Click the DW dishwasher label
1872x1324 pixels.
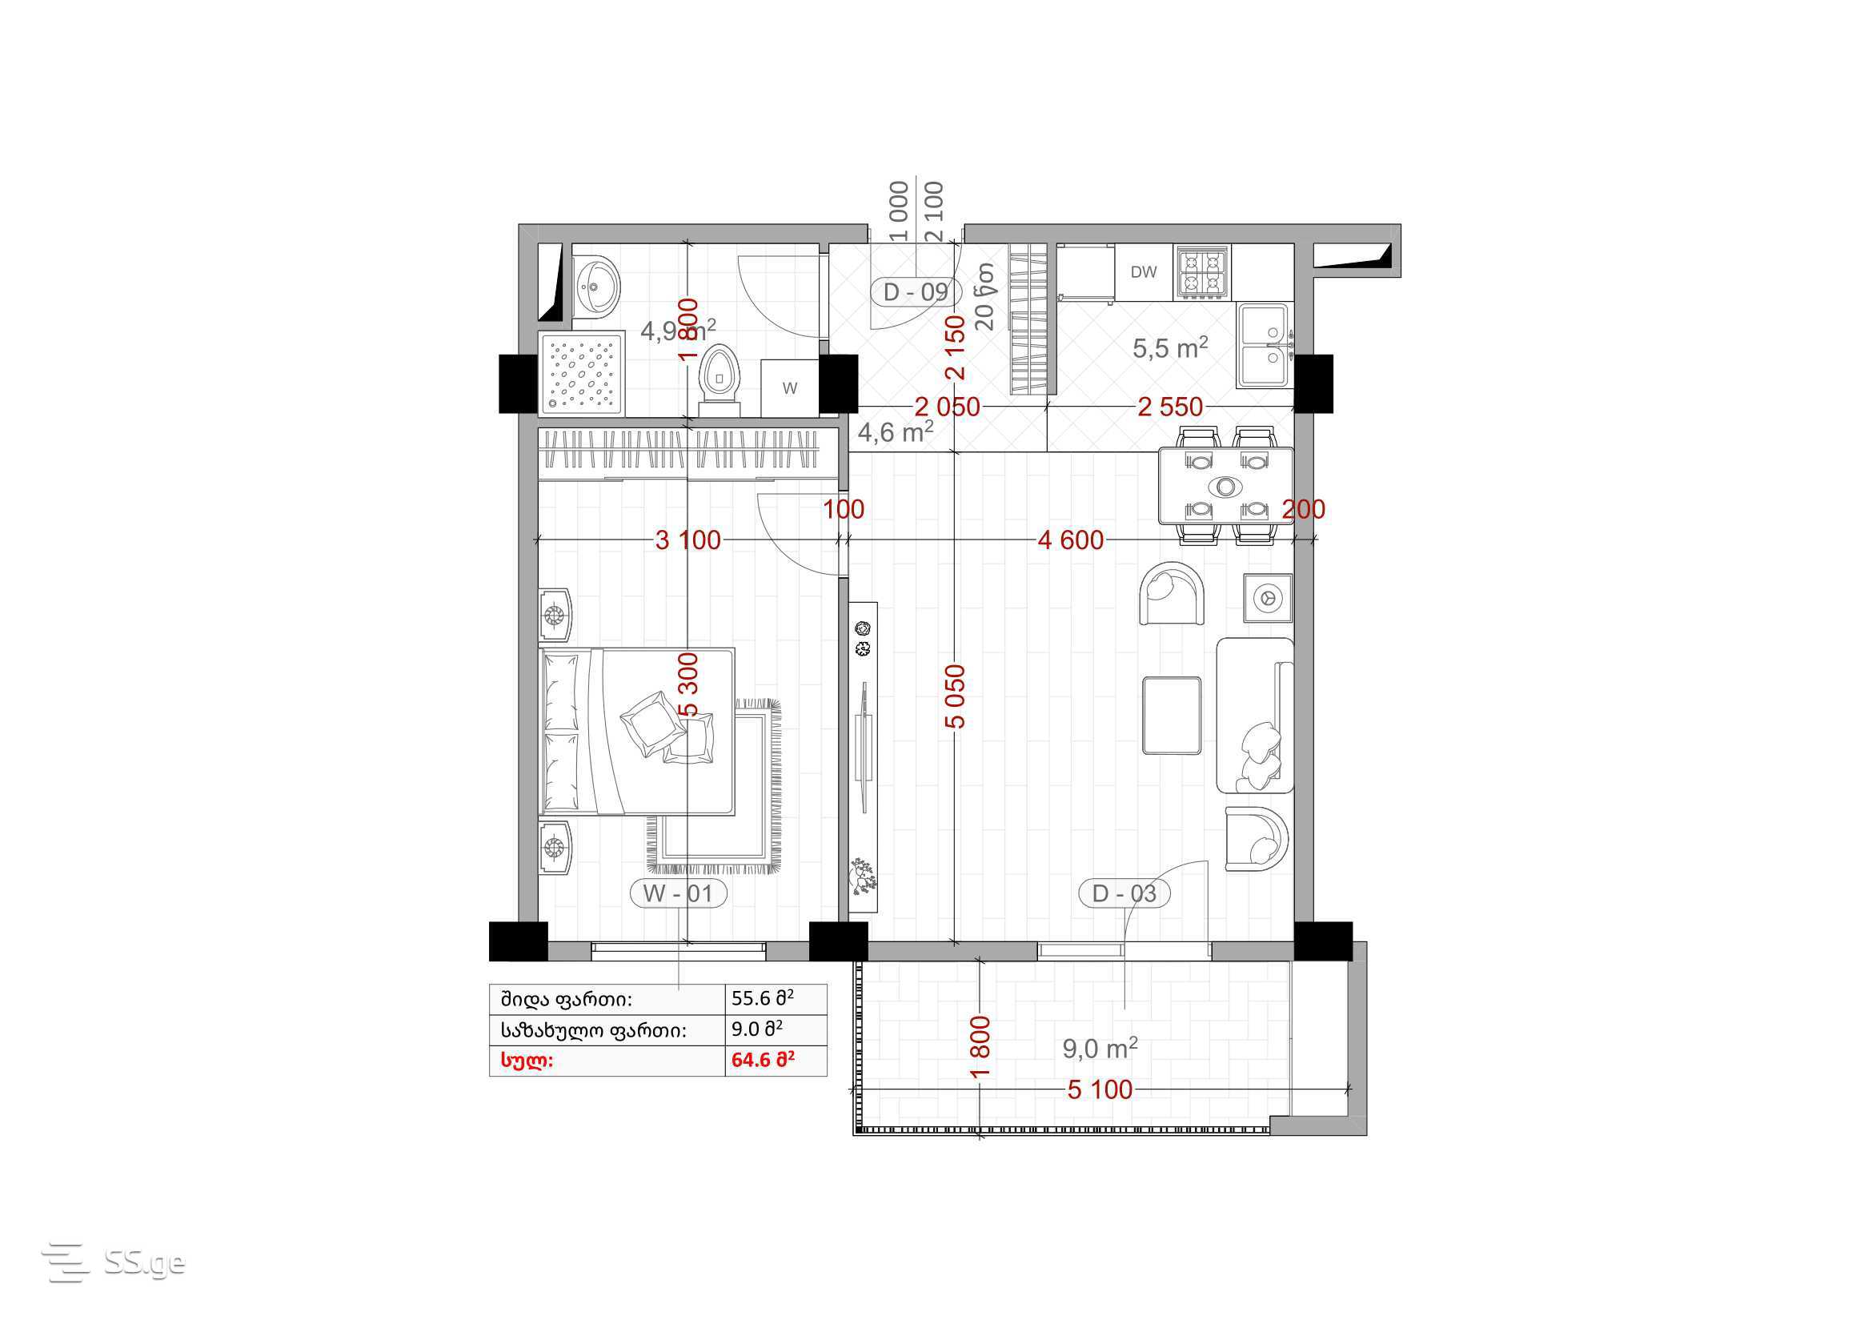tap(1143, 272)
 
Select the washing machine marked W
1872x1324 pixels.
tap(789, 389)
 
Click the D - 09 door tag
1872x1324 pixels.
tap(916, 292)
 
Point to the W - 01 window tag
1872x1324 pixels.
tap(678, 893)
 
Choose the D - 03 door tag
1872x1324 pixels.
tap(1124, 893)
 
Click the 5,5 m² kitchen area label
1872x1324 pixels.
tap(1170, 348)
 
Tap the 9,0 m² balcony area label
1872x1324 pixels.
tap(1100, 1049)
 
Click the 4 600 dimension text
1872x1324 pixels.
tap(1071, 540)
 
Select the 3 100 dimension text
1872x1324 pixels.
tap(688, 540)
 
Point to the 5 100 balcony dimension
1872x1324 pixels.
tap(1100, 1089)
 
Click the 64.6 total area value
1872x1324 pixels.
tap(764, 1061)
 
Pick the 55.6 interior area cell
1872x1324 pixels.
tap(764, 999)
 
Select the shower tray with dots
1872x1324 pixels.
tap(581, 374)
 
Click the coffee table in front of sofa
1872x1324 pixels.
tap(1172, 715)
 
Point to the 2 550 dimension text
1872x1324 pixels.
tap(1170, 407)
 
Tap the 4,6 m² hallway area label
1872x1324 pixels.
tap(896, 431)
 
